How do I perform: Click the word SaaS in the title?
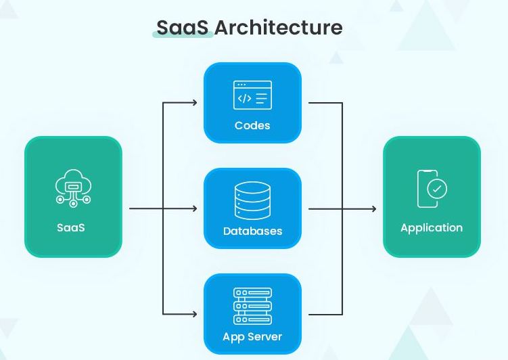click(x=184, y=27)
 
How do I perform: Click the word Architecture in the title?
click(x=279, y=27)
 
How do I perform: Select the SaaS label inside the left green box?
click(x=71, y=227)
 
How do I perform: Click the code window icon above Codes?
click(x=252, y=95)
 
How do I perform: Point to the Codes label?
click(x=252, y=125)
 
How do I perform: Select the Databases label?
click(x=252, y=231)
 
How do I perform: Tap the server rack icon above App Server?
click(x=252, y=306)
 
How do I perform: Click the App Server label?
click(x=252, y=336)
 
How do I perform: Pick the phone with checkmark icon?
click(x=431, y=188)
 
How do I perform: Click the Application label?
click(x=432, y=227)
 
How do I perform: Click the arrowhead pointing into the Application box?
click(x=373, y=208)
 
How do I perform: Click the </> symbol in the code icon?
click(x=244, y=99)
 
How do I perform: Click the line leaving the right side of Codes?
click(x=325, y=103)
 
